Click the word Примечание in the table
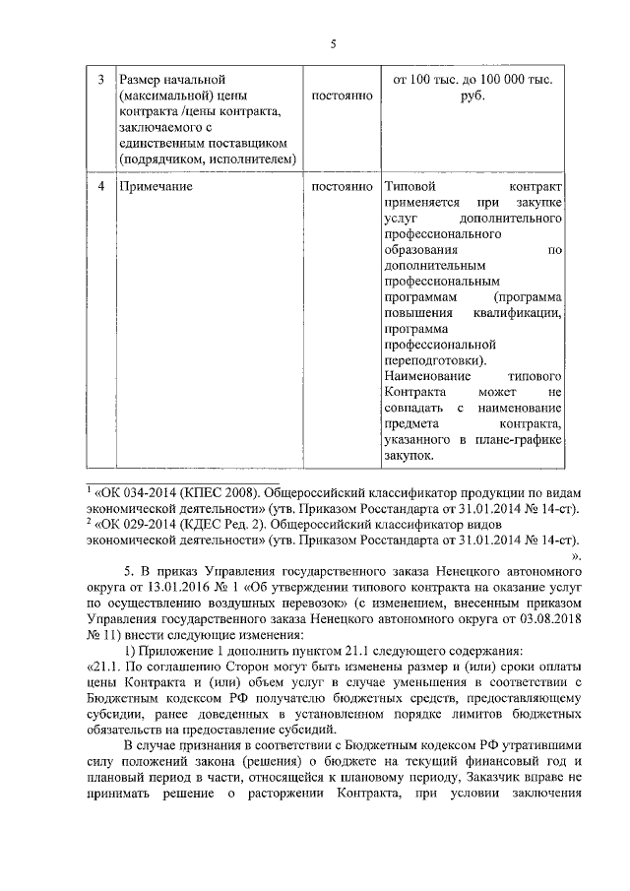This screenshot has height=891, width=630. click(x=156, y=186)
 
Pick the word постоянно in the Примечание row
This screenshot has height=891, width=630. click(x=341, y=186)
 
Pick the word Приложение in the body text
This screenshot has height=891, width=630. click(x=174, y=650)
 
